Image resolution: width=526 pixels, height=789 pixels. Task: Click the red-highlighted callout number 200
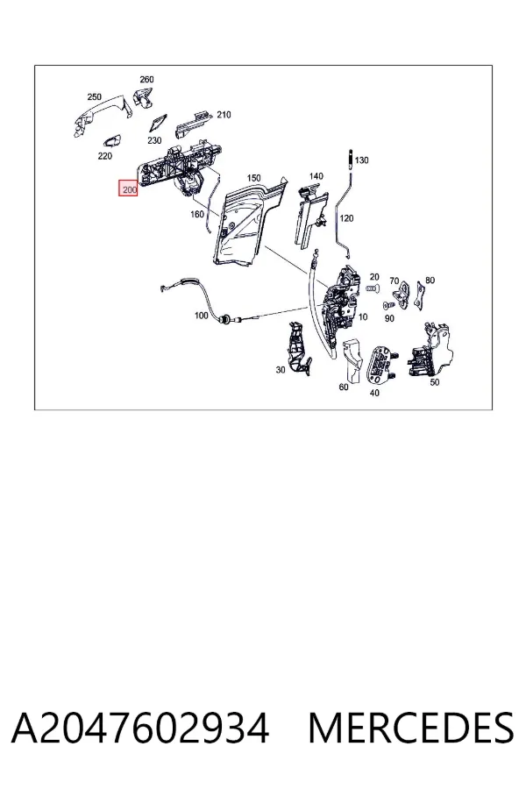pos(128,189)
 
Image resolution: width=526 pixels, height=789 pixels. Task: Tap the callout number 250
pos(94,96)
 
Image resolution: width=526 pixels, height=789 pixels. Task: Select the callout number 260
pos(146,80)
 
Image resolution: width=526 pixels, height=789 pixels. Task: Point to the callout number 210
pos(224,115)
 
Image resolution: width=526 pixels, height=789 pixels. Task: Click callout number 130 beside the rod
pos(361,160)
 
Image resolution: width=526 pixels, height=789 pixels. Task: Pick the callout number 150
pos(253,178)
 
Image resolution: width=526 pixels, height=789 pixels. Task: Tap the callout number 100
pos(201,316)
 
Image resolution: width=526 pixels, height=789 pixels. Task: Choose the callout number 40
pos(374,393)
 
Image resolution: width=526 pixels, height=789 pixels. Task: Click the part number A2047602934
pos(140,729)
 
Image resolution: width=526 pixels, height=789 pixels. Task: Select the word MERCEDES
pos(411,729)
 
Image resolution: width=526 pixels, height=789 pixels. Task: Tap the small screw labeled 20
pos(372,288)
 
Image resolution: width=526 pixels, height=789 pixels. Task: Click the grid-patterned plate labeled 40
pos(384,365)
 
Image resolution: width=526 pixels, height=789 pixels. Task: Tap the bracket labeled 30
pos(299,348)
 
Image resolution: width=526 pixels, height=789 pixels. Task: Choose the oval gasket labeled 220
pos(113,141)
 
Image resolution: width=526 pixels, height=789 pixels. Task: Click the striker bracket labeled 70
pos(401,296)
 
